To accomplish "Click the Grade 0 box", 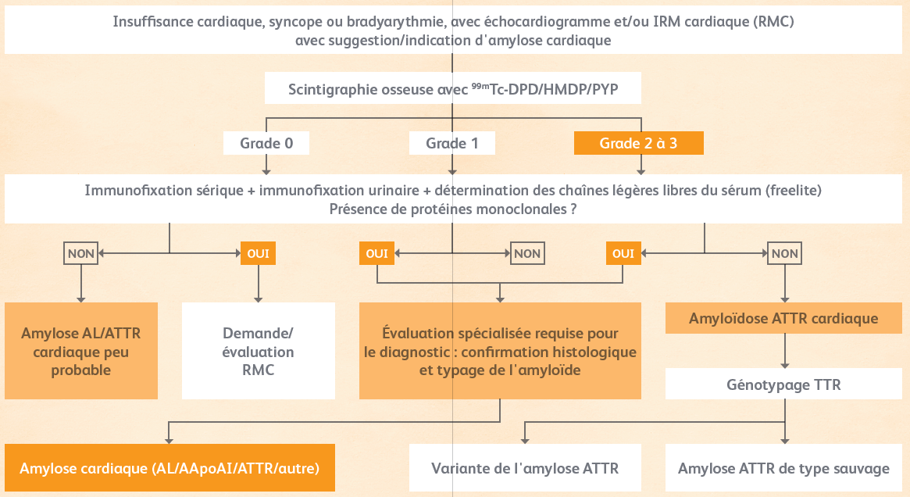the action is [x=266, y=143].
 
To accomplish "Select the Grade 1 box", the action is [x=452, y=143].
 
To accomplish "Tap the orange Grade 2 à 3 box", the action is [x=638, y=143].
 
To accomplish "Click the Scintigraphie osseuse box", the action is [x=453, y=88].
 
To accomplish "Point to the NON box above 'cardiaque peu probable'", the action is [x=80, y=253].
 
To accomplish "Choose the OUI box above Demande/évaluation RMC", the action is [x=259, y=253].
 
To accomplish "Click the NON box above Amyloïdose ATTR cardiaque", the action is [x=785, y=253].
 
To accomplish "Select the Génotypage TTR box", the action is [x=783, y=384].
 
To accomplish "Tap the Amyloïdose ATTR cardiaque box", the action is [x=783, y=318].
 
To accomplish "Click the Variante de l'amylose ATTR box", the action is [x=525, y=468].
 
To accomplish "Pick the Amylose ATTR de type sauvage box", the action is [x=783, y=468].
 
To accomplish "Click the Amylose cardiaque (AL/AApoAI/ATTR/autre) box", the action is [x=170, y=468].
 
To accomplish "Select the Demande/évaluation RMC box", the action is [x=259, y=351].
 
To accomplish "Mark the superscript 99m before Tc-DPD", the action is [x=480, y=86].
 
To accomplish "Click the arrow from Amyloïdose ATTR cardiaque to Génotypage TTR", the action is [x=785, y=351].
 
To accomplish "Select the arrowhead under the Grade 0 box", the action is [x=266, y=171].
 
